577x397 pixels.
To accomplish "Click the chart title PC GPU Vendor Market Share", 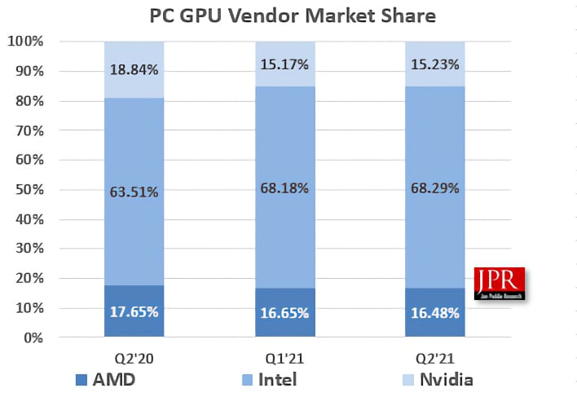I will pos(293,15).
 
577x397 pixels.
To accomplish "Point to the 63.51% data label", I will pos(134,193).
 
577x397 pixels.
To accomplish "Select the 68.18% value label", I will pos(284,188).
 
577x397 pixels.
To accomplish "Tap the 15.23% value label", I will pos(435,64).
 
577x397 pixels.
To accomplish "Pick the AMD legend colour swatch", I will pos(80,379).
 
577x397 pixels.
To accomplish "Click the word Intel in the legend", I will pos(277,379).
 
